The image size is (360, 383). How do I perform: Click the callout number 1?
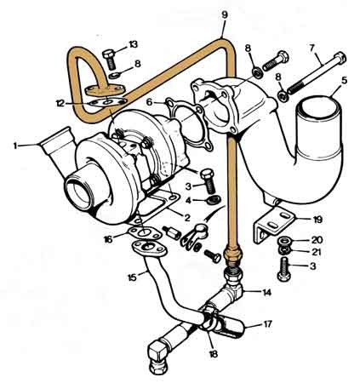tap(15, 146)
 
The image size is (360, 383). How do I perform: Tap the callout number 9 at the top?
tap(225, 14)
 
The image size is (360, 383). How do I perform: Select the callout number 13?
tap(133, 44)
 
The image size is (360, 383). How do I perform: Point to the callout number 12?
tap(60, 104)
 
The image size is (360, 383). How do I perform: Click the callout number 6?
tap(150, 102)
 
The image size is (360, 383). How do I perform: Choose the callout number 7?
tap(312, 48)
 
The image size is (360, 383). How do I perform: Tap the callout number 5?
tap(344, 81)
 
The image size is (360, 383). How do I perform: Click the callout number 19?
tap(317, 220)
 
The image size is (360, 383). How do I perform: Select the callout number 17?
tap(267, 323)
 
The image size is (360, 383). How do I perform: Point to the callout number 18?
tap(213, 353)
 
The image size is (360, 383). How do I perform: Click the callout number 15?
tap(132, 277)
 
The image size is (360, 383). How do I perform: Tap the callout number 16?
tap(108, 239)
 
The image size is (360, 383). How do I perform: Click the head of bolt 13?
tap(108, 54)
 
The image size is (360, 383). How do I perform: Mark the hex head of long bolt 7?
tap(340, 57)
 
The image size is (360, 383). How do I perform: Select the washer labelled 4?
tap(214, 200)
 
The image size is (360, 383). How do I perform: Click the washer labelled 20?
tap(283, 241)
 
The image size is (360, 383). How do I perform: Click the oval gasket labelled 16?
tap(145, 233)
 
